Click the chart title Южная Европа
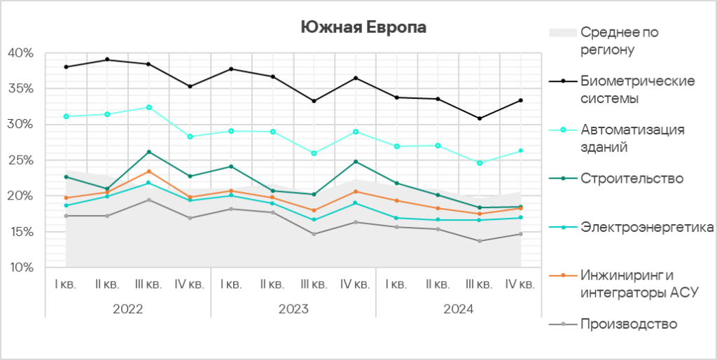tap(363, 27)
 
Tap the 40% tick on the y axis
tap(20, 53)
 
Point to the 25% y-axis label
tap(20, 160)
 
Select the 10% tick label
tap(20, 268)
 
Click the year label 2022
tap(127, 309)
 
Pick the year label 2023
tap(293, 309)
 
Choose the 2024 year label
tap(459, 309)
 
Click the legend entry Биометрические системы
tap(637, 90)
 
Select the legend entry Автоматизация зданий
tap(632, 138)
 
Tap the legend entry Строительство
tap(632, 179)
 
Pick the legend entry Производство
tap(629, 324)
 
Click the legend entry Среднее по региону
tap(619, 41)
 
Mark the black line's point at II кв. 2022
tap(107, 60)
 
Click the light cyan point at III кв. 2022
tap(148, 107)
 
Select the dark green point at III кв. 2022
tap(148, 152)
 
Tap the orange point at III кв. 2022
tap(148, 172)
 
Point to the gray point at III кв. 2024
tap(480, 241)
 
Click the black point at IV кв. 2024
tap(521, 100)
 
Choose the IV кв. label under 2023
tap(355, 284)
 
